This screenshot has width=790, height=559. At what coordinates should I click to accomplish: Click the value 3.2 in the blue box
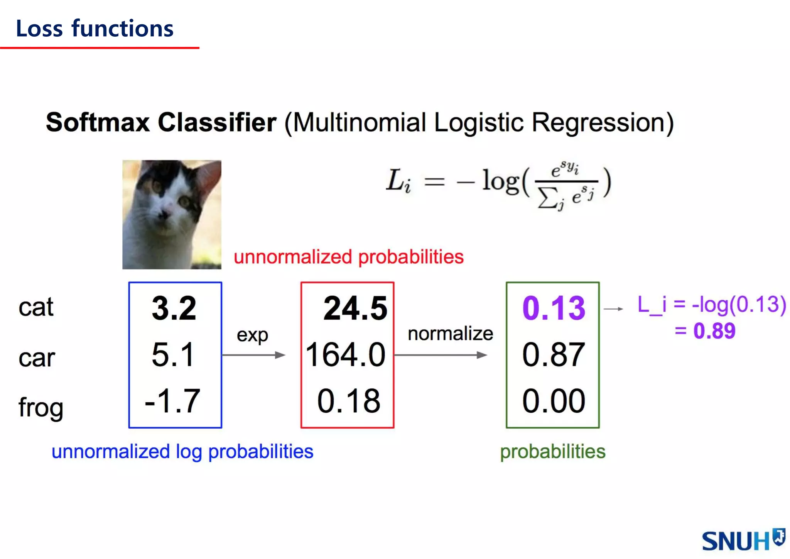pyautogui.click(x=174, y=308)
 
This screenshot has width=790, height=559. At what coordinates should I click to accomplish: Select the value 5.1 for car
pyautogui.click(x=172, y=355)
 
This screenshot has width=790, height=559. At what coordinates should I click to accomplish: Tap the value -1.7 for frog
pyautogui.click(x=172, y=401)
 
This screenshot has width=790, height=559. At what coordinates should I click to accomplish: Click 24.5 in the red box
pyautogui.click(x=355, y=308)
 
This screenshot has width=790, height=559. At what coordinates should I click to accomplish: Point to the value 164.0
pyautogui.click(x=346, y=355)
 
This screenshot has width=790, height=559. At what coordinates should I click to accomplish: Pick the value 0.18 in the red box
pyautogui.click(x=349, y=401)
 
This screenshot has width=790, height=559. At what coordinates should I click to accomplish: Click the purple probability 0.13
pyautogui.click(x=554, y=308)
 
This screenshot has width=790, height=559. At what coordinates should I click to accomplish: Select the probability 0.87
pyautogui.click(x=554, y=355)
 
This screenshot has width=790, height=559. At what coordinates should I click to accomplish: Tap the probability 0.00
pyautogui.click(x=554, y=401)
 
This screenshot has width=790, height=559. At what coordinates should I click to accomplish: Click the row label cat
pyautogui.click(x=36, y=308)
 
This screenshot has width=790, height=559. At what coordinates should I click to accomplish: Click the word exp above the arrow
pyautogui.click(x=252, y=335)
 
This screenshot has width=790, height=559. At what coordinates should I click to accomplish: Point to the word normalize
pyautogui.click(x=450, y=334)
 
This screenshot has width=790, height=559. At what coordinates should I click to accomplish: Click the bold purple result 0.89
pyautogui.click(x=714, y=331)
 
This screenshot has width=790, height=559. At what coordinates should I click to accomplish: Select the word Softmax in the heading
pyautogui.click(x=97, y=122)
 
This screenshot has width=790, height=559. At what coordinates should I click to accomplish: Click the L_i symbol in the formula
pyautogui.click(x=398, y=181)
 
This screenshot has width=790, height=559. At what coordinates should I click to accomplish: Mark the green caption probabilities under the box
pyautogui.click(x=552, y=452)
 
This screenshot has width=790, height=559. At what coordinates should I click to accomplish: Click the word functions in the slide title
pyautogui.click(x=122, y=29)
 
